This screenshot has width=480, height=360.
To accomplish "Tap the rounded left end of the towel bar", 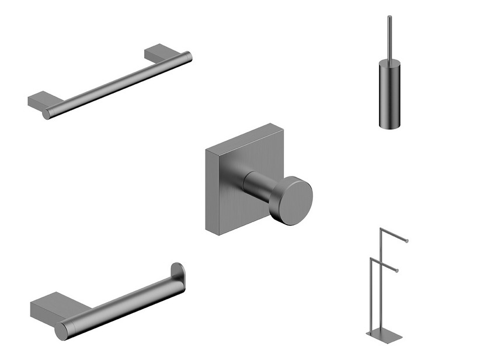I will (x=47, y=114).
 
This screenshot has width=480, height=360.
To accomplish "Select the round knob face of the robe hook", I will (x=293, y=200).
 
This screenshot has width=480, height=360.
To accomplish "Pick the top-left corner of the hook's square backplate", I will (x=207, y=149).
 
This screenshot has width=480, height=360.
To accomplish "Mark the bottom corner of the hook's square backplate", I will (x=220, y=234).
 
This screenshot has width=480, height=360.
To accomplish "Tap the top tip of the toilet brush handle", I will (x=389, y=18).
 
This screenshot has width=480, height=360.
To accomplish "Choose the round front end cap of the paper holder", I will (x=61, y=331).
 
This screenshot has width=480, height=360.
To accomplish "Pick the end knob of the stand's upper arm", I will (x=407, y=241).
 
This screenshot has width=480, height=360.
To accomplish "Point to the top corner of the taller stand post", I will (x=381, y=229).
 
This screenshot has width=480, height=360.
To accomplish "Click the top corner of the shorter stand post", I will (x=371, y=258).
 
